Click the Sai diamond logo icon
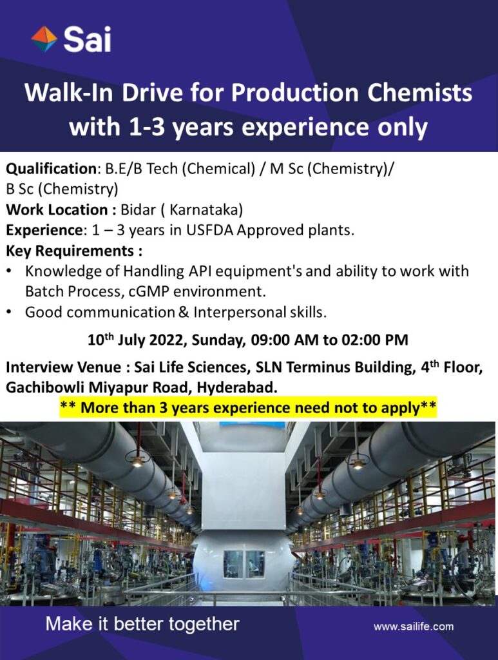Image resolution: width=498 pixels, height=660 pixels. coord(44,39)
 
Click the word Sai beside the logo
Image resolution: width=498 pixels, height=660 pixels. coord(88,39)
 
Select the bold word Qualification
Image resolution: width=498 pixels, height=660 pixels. coord(52,169)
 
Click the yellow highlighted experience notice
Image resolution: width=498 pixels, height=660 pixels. coord(249,408)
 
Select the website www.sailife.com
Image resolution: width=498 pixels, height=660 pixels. coord(414,626)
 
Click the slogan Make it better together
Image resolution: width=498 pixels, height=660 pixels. coord(142,624)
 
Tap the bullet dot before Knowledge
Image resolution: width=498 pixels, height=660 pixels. coord(9,271)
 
